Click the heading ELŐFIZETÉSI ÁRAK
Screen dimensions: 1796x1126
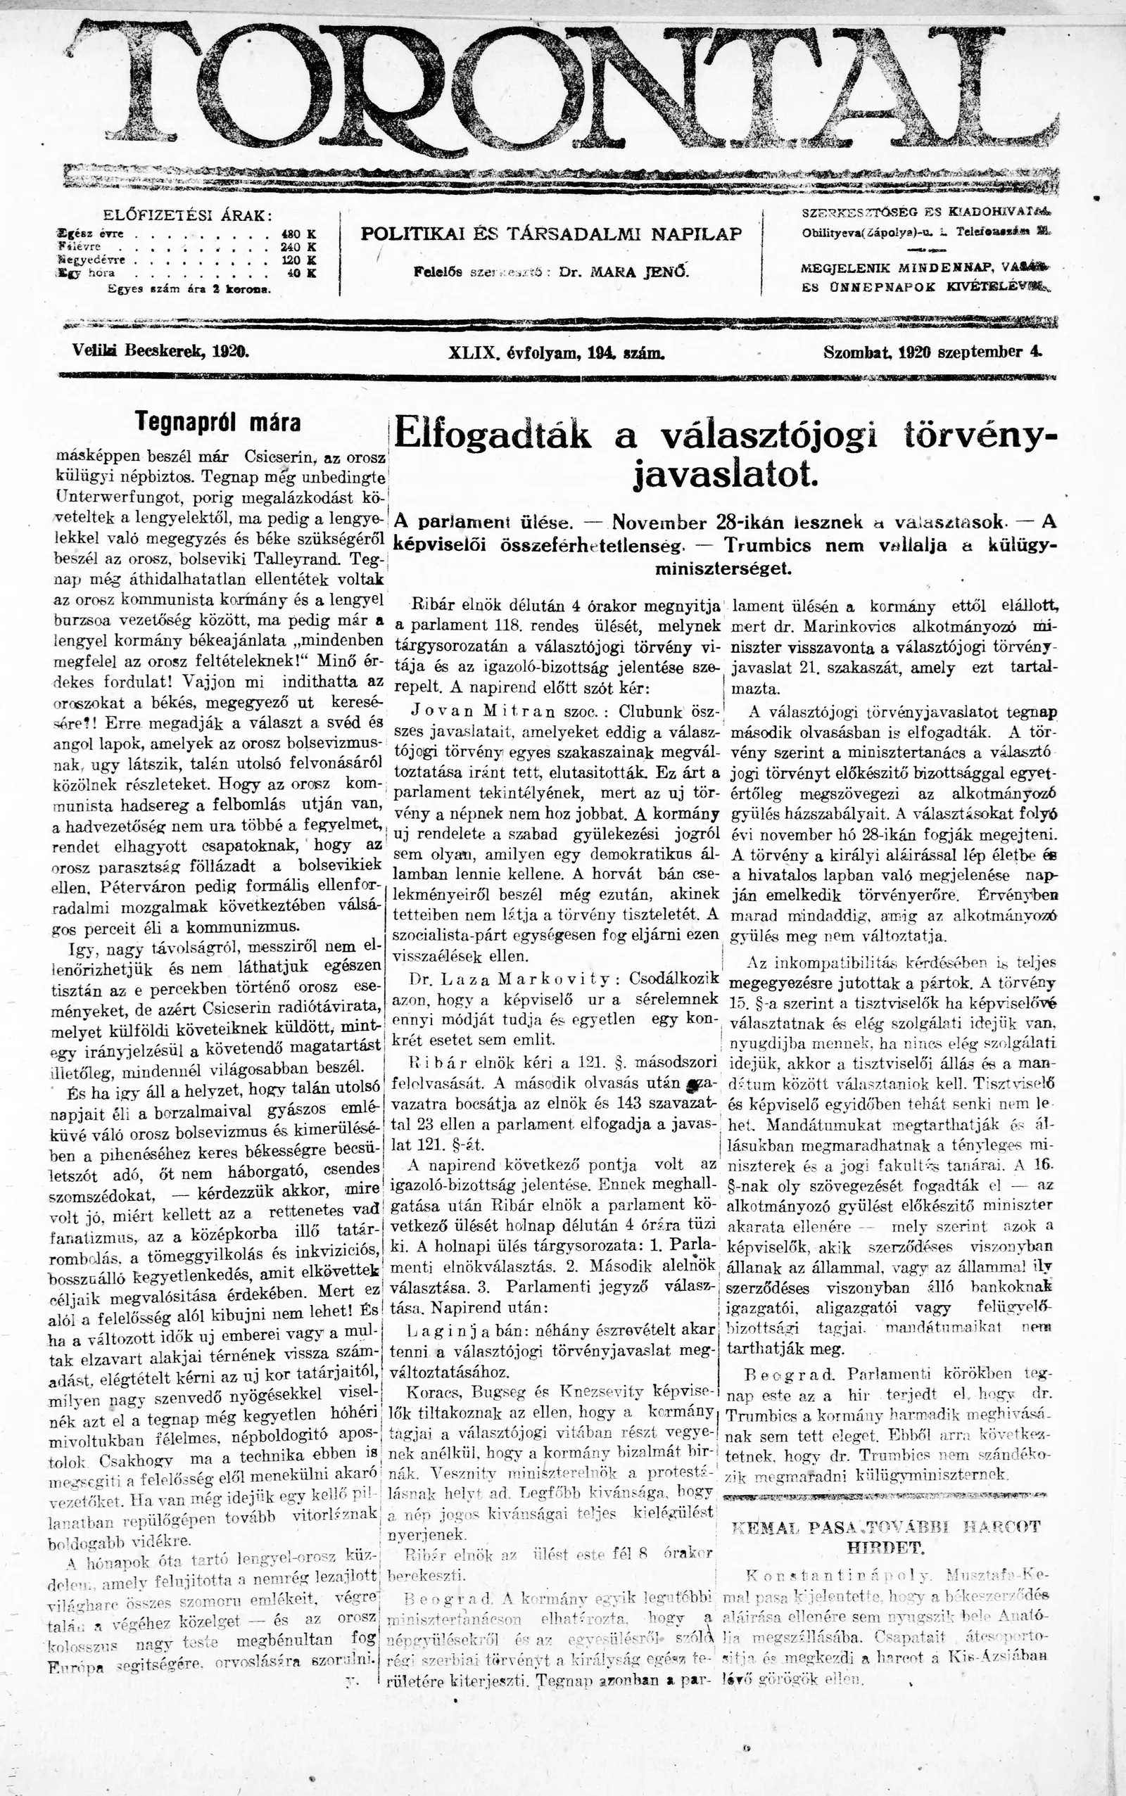pyautogui.click(x=187, y=216)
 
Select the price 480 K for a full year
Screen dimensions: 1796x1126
pyautogui.click(x=298, y=234)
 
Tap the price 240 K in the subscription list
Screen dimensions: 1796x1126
pyautogui.click(x=298, y=246)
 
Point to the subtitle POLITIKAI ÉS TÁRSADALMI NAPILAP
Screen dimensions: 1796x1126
pyautogui.click(x=551, y=234)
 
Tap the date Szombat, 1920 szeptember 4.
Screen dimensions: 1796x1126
pyautogui.click(x=932, y=352)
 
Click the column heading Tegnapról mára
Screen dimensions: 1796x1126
pyautogui.click(x=218, y=423)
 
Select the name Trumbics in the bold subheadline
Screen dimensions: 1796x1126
pyautogui.click(x=768, y=546)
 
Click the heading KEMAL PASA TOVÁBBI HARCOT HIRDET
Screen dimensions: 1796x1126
pyautogui.click(x=885, y=1536)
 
